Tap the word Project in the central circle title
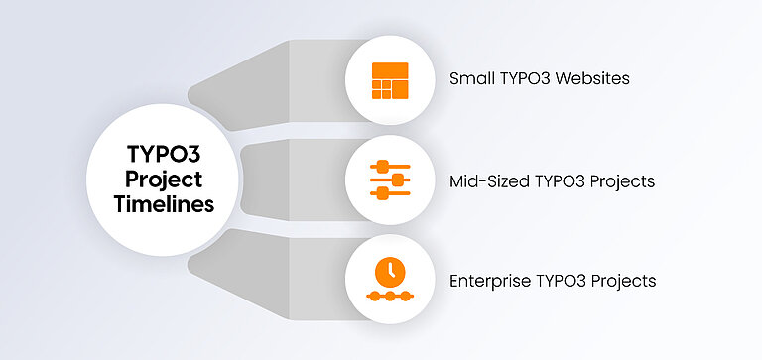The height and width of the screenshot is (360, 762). coord(165,180)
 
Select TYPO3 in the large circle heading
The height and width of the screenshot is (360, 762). coord(165,155)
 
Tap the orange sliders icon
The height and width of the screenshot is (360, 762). coord(389,180)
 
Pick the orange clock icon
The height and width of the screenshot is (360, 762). coord(389,271)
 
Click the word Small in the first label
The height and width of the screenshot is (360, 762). coord(471,78)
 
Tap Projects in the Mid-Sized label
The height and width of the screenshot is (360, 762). coord(620,182)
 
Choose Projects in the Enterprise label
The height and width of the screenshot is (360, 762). coord(622,281)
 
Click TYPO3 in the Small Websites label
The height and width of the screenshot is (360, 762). coord(523,78)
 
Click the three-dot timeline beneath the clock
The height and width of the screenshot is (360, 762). coord(389,296)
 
